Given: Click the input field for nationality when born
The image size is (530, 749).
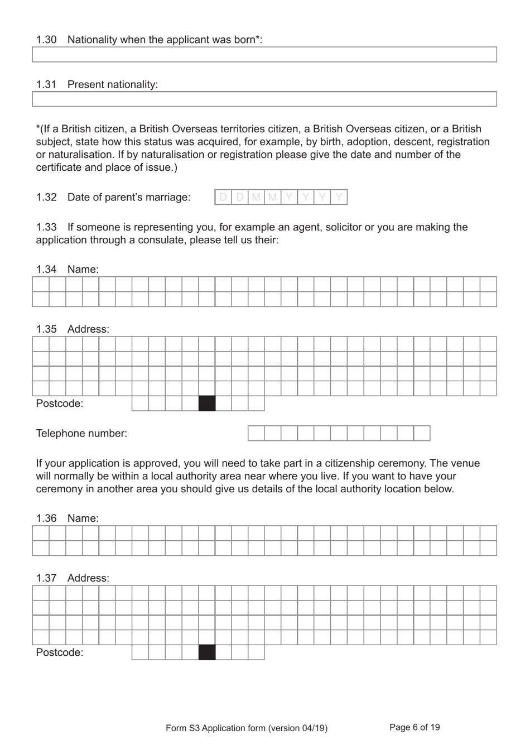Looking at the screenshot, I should (x=264, y=54).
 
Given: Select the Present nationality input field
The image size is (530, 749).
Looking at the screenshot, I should (x=264, y=99).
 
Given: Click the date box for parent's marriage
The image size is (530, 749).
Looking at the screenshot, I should (x=281, y=197).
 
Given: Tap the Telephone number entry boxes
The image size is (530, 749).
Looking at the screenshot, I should (x=339, y=433).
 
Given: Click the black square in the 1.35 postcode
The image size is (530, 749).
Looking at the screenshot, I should (x=207, y=404).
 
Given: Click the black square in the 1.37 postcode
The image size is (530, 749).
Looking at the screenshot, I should (x=207, y=652).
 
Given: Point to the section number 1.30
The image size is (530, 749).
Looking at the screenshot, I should (x=46, y=40).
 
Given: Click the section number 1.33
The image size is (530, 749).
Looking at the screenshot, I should (x=46, y=227).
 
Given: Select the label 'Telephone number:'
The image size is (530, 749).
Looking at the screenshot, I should (x=81, y=434).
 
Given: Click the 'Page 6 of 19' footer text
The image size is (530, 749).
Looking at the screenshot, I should (x=415, y=727).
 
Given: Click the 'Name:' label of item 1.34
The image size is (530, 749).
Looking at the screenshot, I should (x=83, y=270).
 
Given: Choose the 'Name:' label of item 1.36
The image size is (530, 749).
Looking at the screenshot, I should (x=83, y=518).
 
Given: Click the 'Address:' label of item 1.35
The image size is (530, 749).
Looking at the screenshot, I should (x=88, y=329).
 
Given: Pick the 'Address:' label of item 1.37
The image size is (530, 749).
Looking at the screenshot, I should (x=88, y=578).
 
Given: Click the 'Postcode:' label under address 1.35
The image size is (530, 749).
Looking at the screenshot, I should (x=60, y=404).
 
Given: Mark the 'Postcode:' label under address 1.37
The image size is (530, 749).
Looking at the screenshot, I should (x=60, y=652).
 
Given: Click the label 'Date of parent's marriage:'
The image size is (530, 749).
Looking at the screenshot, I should (x=128, y=197).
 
